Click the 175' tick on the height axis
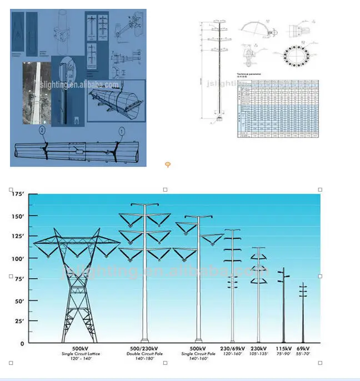click(18, 194)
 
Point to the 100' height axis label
click(18, 258)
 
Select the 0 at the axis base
click(22, 343)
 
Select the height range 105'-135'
click(258, 354)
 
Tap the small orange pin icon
click(168, 164)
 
